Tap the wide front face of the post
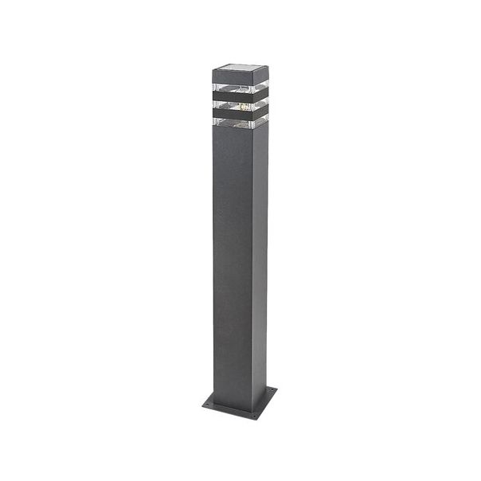(231, 263)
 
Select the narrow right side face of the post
(259, 263)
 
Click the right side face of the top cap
(259, 73)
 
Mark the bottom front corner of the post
(247, 403)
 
